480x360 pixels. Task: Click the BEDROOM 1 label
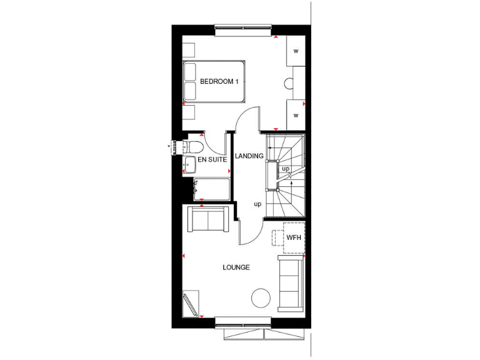pyautogui.click(x=219, y=82)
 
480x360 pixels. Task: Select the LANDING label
pyautogui.click(x=249, y=156)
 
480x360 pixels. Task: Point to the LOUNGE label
pyautogui.click(x=236, y=267)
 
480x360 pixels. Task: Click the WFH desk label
pyautogui.click(x=294, y=238)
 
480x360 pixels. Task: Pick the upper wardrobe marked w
pyautogui.click(x=296, y=51)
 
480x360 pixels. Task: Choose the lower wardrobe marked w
pyautogui.click(x=296, y=115)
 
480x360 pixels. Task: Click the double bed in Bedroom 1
pyautogui.click(x=213, y=81)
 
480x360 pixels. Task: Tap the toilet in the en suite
pyautogui.click(x=193, y=147)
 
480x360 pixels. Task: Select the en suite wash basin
pyautogui.click(x=189, y=165)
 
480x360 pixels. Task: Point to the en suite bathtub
pyautogui.click(x=211, y=189)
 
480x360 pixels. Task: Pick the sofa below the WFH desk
pyautogui.click(x=290, y=283)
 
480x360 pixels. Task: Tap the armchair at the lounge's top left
pyautogui.click(x=207, y=220)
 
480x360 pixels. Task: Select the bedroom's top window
pyautogui.click(x=243, y=27)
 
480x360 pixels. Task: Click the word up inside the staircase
pyautogui.click(x=286, y=169)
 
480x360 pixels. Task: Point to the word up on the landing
pyautogui.click(x=257, y=204)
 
